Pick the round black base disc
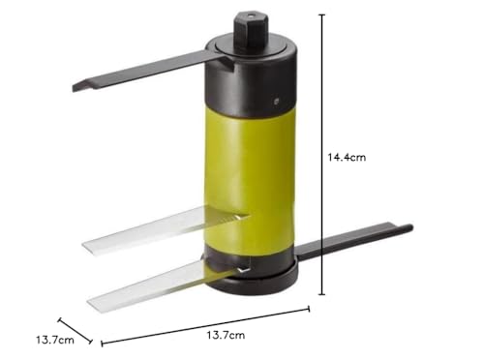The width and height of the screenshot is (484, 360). (x=250, y=281)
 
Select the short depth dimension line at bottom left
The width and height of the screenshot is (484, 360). (x=76, y=329)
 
